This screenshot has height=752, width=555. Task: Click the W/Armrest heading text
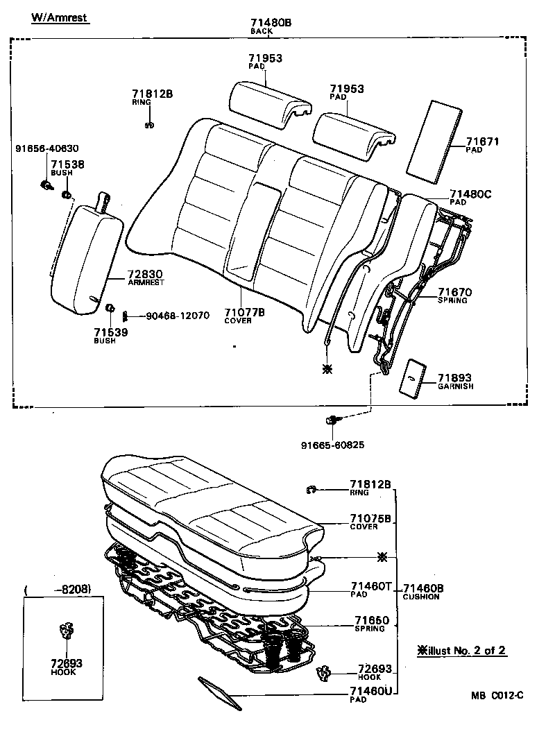tap(59, 18)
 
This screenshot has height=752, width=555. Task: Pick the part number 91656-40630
tap(47, 148)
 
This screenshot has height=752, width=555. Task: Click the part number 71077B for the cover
tap(244, 312)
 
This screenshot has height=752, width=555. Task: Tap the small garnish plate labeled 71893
tap(415, 379)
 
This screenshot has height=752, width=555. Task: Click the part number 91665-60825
tap(332, 445)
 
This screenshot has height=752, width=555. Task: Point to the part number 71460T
tap(370, 586)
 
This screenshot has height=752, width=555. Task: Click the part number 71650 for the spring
tap(372, 620)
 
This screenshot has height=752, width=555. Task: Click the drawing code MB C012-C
tap(497, 695)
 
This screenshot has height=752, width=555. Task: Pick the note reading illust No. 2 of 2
tap(462, 650)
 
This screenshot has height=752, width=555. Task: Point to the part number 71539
tap(111, 332)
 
